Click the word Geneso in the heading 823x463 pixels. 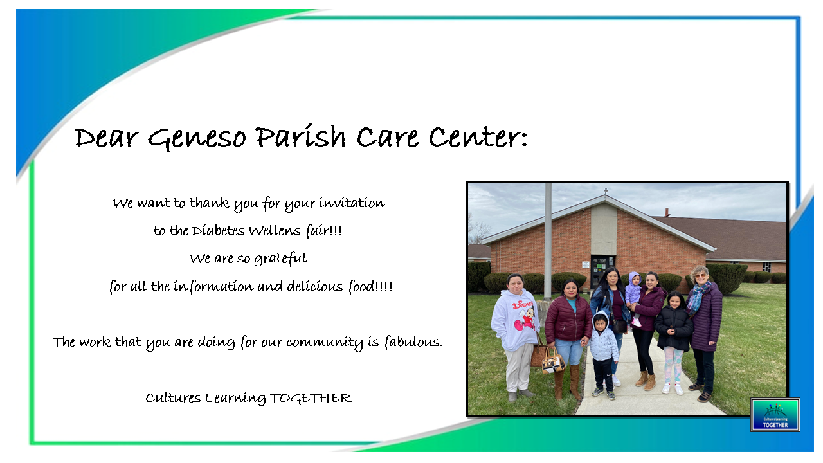197,138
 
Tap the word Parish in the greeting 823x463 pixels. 300,136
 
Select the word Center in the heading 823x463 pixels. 478,137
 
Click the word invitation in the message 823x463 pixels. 352,203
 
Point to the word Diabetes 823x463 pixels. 218,231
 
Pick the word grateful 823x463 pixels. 281,259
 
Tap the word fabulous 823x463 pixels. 413,342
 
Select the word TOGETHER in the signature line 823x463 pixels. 311,398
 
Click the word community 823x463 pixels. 325,343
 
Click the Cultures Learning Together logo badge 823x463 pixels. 775,415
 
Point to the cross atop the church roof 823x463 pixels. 606,192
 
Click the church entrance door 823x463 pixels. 601,273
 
